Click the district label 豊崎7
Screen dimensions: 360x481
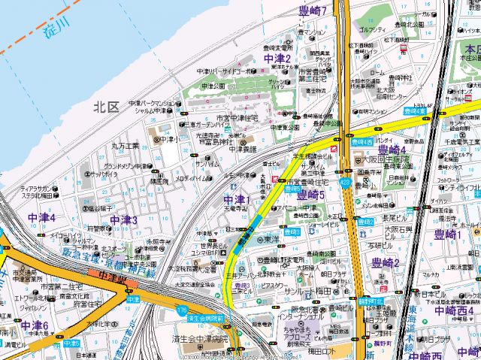[x=311, y=11]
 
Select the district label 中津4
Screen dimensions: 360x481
[x=41, y=216]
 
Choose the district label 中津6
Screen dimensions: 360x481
[x=35, y=325]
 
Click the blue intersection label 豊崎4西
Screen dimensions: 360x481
[x=361, y=141]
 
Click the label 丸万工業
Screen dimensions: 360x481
[x=126, y=146]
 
